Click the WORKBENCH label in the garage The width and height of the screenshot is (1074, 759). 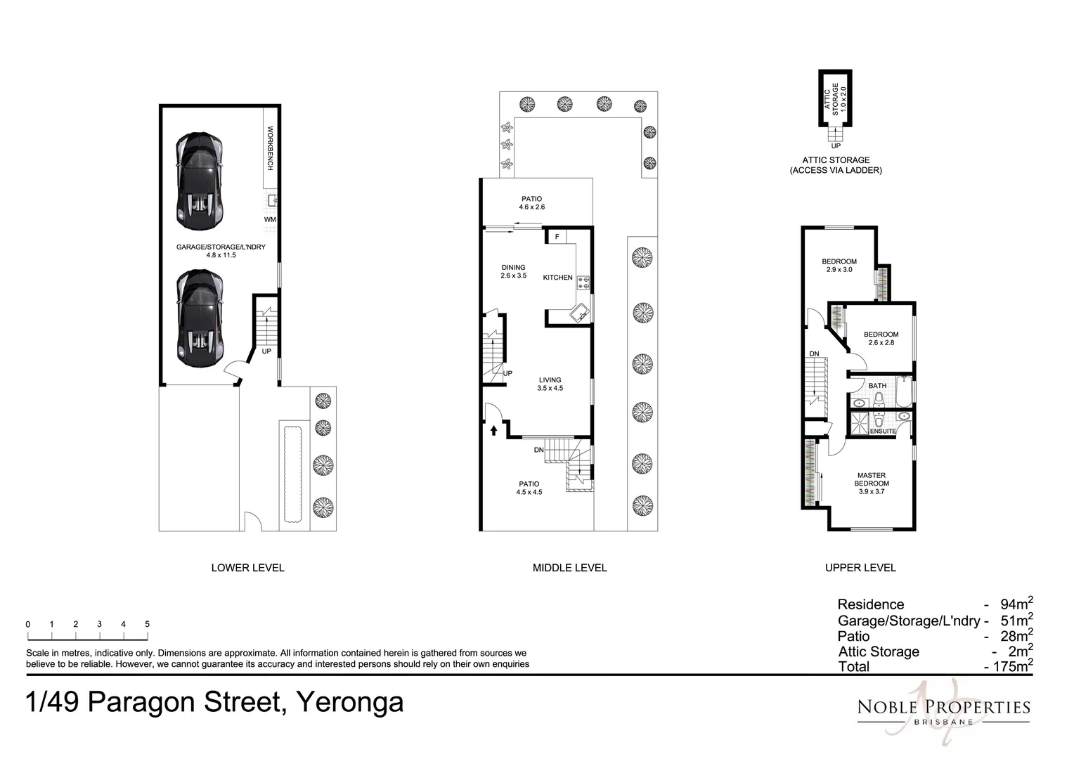coord(270,148)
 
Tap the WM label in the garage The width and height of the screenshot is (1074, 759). coord(270,219)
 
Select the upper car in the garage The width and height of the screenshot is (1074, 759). coord(200,181)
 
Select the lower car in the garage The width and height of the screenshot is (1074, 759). coord(200,319)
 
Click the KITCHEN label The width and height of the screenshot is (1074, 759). coord(557,278)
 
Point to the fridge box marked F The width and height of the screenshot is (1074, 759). coord(557,237)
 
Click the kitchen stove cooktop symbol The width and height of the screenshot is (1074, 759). coord(583,283)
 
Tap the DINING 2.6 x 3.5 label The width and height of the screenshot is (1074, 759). coord(513,271)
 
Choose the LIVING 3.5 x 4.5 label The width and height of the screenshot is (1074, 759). coord(550,384)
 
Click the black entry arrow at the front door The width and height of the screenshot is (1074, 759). coord(493,430)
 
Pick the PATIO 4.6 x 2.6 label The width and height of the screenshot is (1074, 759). coord(531,203)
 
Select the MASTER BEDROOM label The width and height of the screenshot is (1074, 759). coord(872,483)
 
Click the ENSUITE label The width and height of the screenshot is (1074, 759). coord(883,431)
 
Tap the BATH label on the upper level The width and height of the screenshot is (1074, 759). coord(877,386)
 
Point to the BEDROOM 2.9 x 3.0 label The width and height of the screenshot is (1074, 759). coord(839,265)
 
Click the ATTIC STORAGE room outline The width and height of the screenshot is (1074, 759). coord(835,98)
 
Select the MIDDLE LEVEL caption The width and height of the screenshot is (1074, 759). coord(569,568)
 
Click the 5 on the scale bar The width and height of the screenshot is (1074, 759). coord(147,624)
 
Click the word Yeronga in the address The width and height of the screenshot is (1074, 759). coord(350,702)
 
